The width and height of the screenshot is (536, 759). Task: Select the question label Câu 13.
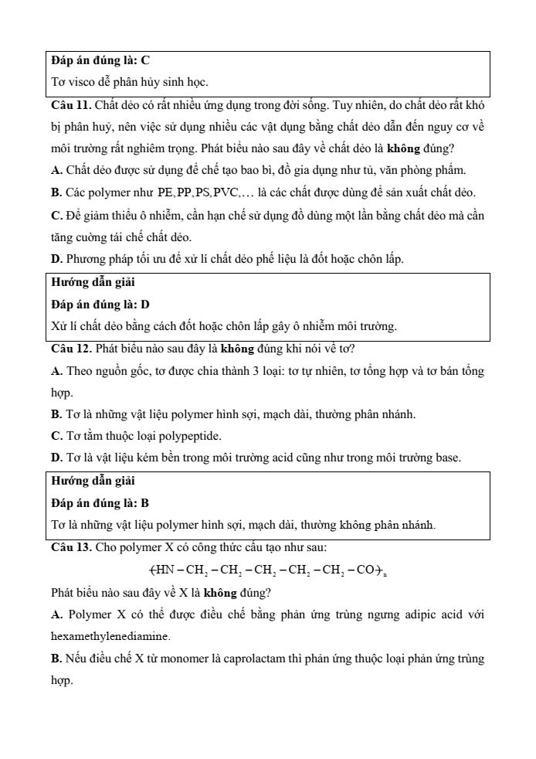(x=72, y=548)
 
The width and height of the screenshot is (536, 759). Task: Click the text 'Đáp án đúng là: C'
(x=100, y=60)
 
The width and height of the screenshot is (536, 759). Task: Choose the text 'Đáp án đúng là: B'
(x=100, y=503)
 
